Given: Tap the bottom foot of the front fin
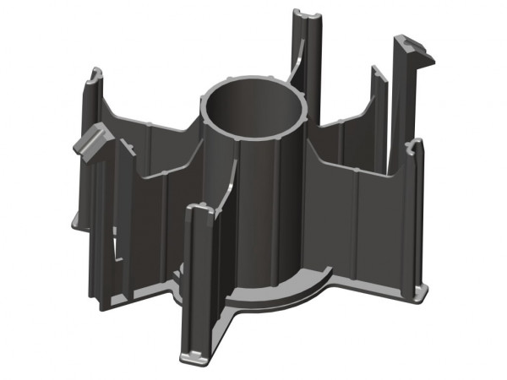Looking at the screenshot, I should point(194,358).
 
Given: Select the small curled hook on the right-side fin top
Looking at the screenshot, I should point(414,147).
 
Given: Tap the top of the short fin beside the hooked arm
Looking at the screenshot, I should point(377,73).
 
